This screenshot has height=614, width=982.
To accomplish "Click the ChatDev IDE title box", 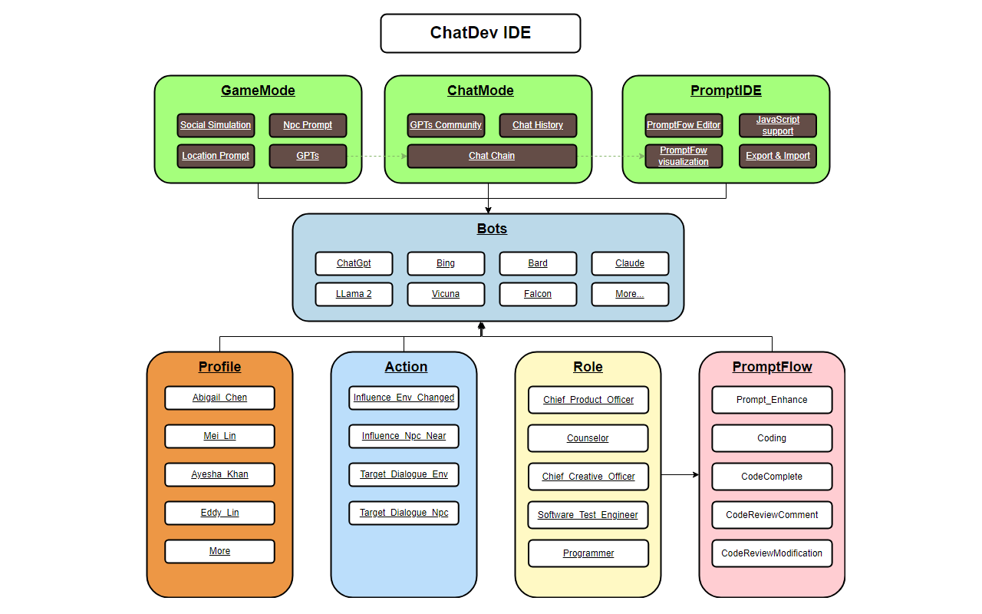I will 480,33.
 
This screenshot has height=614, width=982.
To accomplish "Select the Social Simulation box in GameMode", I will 216,125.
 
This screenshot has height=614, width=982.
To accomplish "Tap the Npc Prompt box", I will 308,125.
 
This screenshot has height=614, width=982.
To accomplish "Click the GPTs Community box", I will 446,125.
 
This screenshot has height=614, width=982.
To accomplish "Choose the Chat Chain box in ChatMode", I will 492,156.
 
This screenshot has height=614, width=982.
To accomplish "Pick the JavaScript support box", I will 777,125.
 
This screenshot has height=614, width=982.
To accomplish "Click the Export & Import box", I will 777,156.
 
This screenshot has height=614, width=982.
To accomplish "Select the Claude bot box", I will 630,263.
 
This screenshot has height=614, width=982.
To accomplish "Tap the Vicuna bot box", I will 446,294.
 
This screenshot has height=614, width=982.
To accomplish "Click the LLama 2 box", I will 354,294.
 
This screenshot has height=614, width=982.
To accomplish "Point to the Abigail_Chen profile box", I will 219,398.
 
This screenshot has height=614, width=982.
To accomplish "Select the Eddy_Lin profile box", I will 219,513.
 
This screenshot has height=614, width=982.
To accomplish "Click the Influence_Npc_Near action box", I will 404,436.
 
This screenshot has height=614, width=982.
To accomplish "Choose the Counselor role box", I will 588,438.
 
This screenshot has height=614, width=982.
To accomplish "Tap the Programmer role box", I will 588,553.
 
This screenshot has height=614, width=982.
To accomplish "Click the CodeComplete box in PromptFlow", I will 772,477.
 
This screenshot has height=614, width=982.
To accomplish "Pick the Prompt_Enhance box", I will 772,400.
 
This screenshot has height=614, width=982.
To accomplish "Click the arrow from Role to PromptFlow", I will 680,475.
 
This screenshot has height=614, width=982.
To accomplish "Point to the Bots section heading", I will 492,229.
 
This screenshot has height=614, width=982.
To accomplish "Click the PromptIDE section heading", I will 726,91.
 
